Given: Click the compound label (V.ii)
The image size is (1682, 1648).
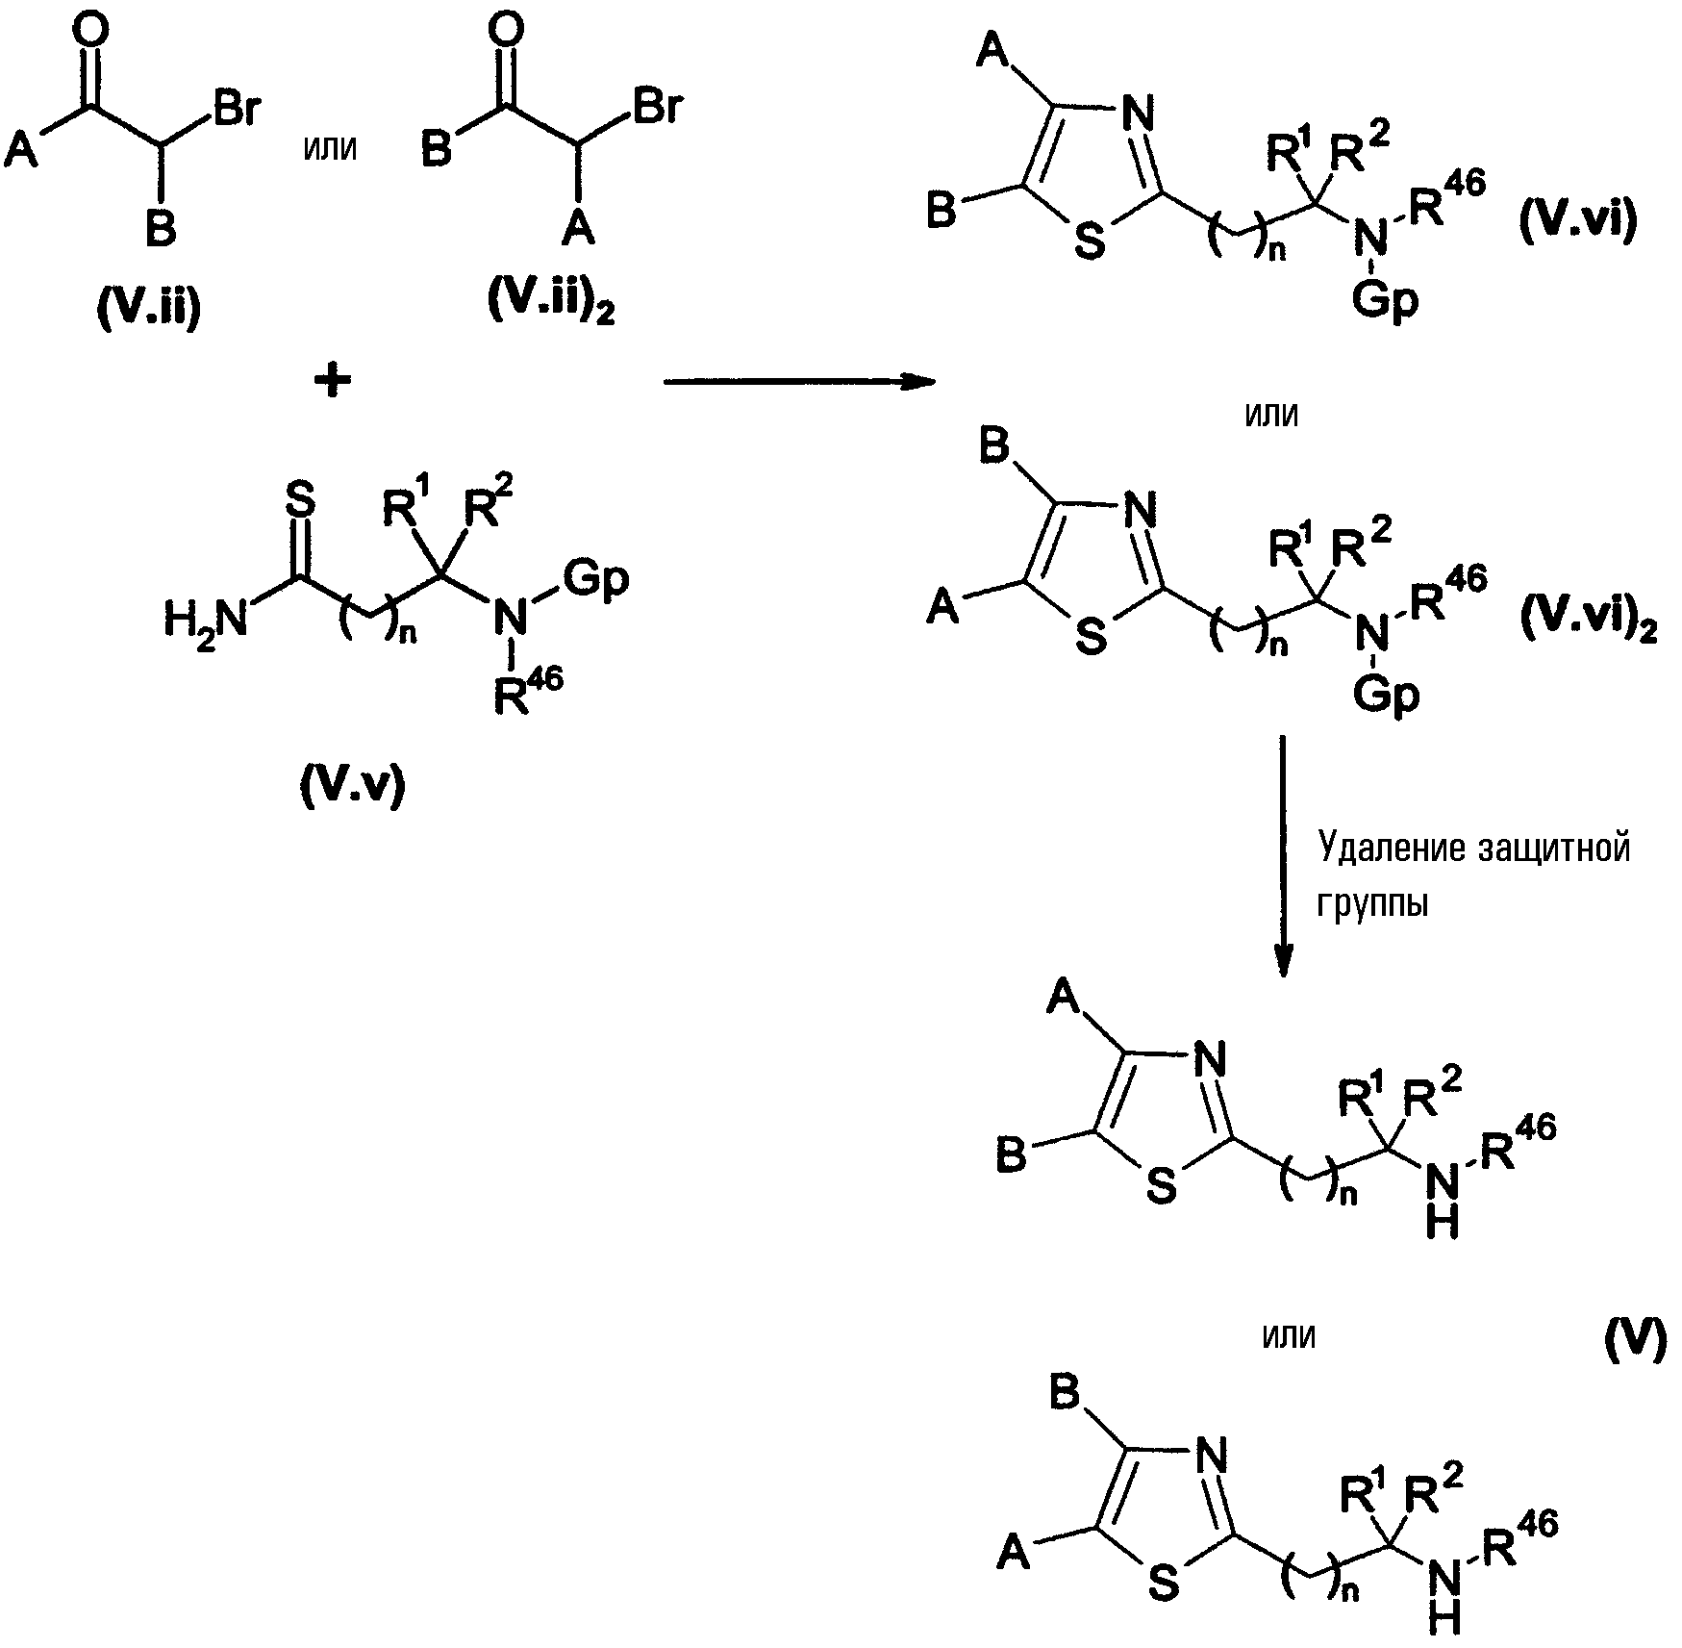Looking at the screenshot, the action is click(x=149, y=310).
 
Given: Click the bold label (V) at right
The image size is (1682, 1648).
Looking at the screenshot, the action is click(x=1635, y=1338).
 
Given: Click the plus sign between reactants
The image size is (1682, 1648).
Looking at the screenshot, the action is click(x=333, y=382).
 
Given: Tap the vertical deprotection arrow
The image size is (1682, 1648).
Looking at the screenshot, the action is click(x=1283, y=856).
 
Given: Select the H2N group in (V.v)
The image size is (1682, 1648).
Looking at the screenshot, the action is click(x=206, y=620).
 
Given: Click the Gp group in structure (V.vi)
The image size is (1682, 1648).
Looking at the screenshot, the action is click(x=1386, y=300).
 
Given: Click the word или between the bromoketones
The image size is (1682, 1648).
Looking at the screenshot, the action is click(x=329, y=150).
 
